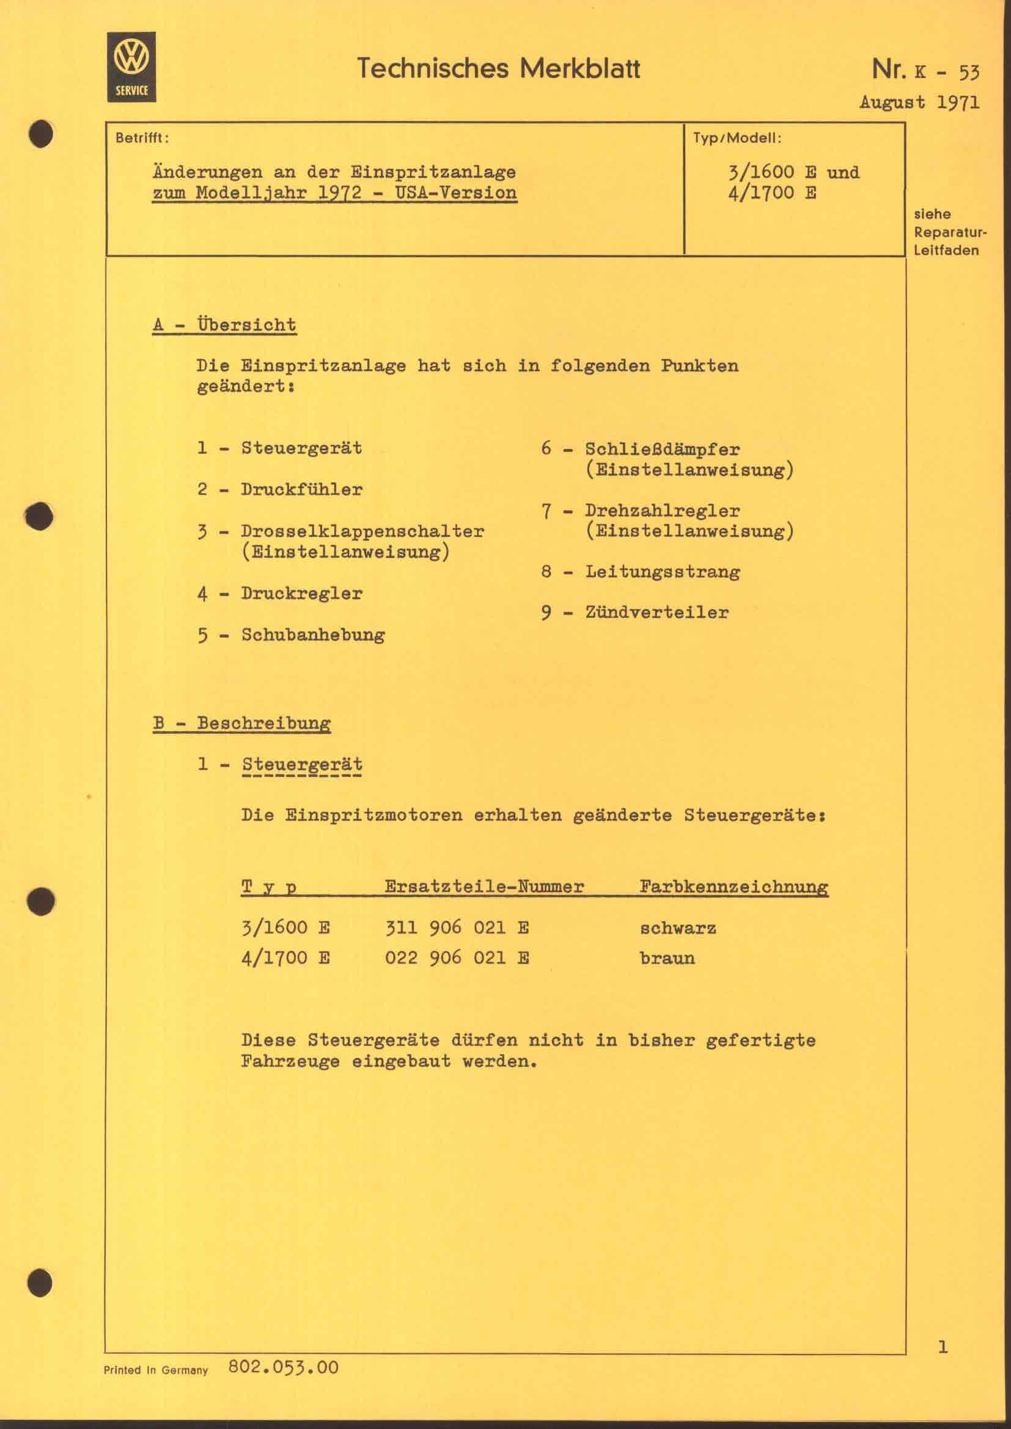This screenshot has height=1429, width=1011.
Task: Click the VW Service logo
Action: tap(131, 67)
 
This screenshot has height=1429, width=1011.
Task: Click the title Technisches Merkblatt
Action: tap(498, 68)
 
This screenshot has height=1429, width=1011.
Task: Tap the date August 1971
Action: tap(919, 102)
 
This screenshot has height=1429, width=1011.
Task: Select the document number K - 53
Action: tap(946, 72)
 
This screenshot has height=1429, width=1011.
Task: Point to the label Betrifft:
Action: tap(142, 138)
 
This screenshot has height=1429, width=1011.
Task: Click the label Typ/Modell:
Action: tap(737, 138)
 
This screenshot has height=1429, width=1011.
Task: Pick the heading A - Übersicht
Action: tap(224, 325)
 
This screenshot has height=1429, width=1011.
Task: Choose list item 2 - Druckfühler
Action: tap(280, 490)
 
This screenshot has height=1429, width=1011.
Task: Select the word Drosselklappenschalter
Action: tap(362, 532)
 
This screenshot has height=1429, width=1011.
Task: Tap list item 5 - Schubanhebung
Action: tap(292, 635)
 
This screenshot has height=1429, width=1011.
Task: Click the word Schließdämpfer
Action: tap(663, 450)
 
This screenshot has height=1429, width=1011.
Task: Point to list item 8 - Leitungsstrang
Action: tap(641, 572)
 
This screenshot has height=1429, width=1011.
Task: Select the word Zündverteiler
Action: tap(656, 613)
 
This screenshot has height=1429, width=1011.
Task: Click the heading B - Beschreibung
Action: tap(241, 724)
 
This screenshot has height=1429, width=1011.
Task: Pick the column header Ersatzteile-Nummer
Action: tap(484, 887)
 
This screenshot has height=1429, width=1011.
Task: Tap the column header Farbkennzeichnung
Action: tap(733, 887)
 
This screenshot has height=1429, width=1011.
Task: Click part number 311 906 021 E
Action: tap(457, 929)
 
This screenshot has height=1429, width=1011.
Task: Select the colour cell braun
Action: tap(667, 959)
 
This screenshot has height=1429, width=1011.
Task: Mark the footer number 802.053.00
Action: tap(284, 1368)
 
